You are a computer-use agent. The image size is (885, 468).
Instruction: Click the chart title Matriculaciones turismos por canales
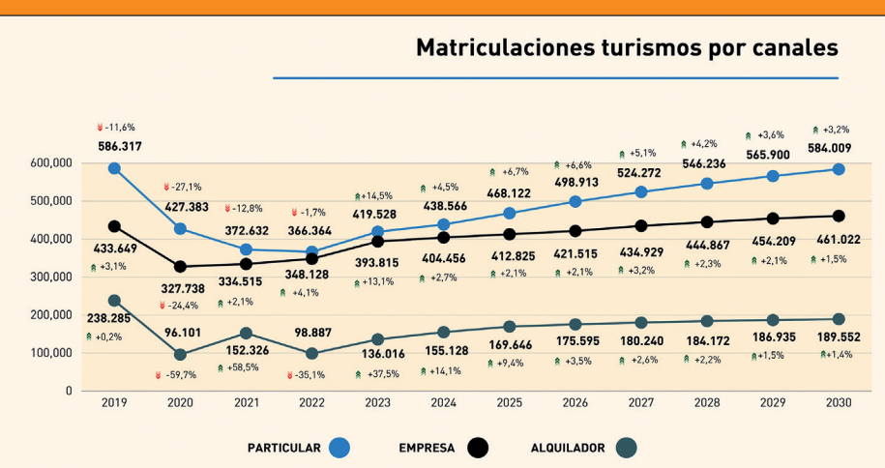click(626, 47)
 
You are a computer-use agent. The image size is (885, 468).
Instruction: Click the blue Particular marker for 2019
click(114, 168)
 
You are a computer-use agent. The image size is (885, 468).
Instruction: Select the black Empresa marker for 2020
click(180, 266)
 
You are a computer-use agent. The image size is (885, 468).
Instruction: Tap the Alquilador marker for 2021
click(246, 333)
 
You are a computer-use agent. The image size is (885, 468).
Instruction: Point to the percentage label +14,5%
click(374, 196)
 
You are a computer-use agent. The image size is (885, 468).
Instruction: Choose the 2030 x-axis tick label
click(839, 403)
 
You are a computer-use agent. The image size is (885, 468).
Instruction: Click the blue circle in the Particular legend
click(339, 448)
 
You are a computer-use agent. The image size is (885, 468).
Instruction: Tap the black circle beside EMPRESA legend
click(477, 448)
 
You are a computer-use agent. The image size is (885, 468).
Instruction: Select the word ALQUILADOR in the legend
click(568, 449)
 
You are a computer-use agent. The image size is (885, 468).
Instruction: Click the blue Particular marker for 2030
click(839, 169)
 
